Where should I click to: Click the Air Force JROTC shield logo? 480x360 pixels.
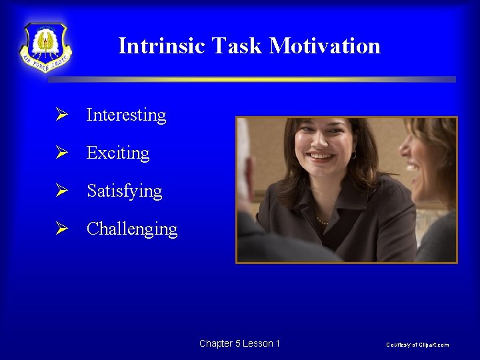(x=45, y=47)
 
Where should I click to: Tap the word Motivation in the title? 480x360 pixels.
(x=325, y=46)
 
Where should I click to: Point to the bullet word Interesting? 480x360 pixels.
(x=126, y=115)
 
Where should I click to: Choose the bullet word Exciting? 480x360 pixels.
(x=118, y=153)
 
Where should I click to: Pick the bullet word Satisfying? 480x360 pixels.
(x=124, y=191)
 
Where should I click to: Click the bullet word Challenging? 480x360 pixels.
(x=132, y=229)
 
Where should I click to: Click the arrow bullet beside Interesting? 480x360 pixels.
(x=62, y=115)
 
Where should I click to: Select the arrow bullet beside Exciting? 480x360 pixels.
(x=62, y=153)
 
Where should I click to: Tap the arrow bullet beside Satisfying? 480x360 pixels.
(x=62, y=191)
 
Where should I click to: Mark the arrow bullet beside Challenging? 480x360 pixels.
(x=62, y=229)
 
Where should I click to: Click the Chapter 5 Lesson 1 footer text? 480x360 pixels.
(x=239, y=343)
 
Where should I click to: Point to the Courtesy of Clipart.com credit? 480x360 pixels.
(x=417, y=345)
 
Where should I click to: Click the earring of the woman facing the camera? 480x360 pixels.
(x=354, y=155)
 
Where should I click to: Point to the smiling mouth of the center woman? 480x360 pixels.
(x=323, y=157)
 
